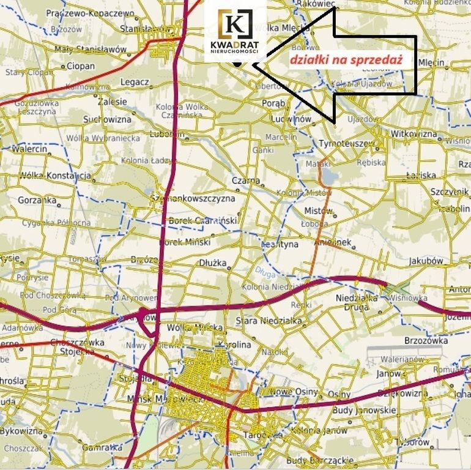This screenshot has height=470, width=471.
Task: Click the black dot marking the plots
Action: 236,62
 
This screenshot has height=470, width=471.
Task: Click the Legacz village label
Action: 135,82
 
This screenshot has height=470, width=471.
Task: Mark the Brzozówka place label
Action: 427,340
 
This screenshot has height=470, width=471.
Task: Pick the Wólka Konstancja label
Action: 56,176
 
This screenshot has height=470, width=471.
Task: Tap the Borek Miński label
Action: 184,242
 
